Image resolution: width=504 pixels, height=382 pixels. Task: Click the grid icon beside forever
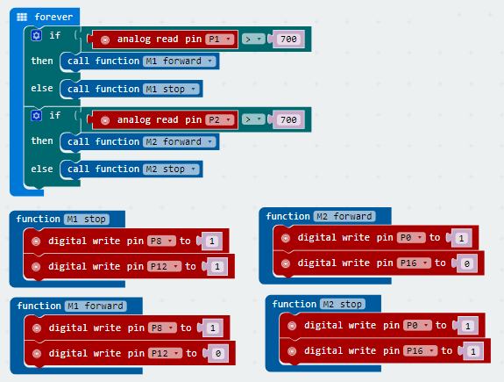pos(22,17)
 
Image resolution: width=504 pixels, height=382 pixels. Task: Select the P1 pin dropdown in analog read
pos(220,39)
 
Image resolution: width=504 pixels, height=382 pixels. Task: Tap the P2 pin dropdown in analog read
pos(220,119)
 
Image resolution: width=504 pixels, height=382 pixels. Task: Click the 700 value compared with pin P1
pos(288,39)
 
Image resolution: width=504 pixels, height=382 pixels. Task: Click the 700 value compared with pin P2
pos(288,119)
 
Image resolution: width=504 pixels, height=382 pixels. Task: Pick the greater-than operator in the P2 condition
pos(253,119)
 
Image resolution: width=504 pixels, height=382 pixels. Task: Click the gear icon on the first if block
pos(36,35)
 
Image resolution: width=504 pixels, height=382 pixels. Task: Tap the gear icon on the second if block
pos(36,115)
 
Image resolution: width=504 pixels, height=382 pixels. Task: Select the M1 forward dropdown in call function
pos(180,61)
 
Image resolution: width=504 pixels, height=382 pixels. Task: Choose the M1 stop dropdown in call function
pos(171,89)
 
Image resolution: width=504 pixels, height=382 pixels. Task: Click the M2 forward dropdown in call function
pos(180,141)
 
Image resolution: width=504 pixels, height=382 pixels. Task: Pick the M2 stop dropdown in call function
pos(171,169)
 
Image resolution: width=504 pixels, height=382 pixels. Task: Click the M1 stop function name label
pos(87,220)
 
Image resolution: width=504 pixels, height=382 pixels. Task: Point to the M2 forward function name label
pos(344,216)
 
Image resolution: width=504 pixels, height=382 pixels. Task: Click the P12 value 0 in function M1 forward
pos(218,354)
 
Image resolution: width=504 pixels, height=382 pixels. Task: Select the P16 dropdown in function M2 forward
pos(414,263)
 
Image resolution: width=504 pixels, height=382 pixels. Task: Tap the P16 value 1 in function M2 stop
pos(473,351)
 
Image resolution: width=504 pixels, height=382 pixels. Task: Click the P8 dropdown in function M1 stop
pos(161,241)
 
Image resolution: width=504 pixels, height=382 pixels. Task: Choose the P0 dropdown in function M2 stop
pos(417,325)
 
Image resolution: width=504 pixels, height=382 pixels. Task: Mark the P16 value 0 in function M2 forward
pos(466,263)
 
